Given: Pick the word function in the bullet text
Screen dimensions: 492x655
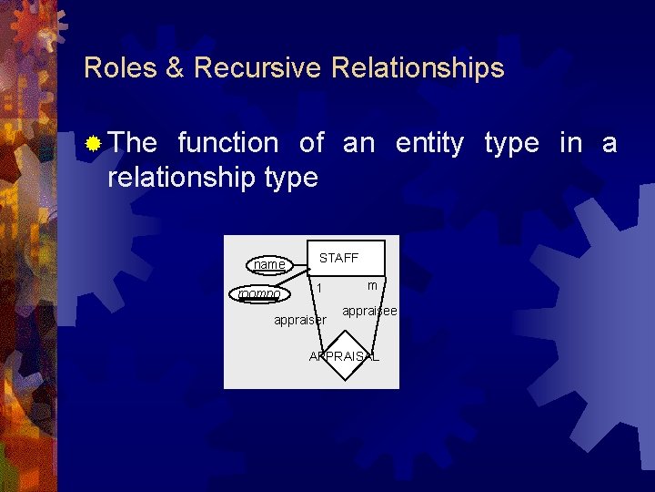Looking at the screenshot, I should tap(228, 143).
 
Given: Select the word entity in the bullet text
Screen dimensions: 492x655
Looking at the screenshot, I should tap(428, 143).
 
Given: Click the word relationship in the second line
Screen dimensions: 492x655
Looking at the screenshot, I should tap(180, 178).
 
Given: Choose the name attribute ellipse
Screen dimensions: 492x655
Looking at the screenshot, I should tap(269, 265).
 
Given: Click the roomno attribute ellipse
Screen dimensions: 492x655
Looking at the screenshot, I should tap(259, 294).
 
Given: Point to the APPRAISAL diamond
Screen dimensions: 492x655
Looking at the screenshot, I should tap(344, 356).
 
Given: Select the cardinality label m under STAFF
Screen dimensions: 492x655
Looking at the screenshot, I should tap(372, 286).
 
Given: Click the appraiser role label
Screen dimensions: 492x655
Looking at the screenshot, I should tap(299, 320).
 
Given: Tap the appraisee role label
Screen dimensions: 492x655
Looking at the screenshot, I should tap(369, 312).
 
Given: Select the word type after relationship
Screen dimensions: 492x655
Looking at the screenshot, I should tap(289, 178).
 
